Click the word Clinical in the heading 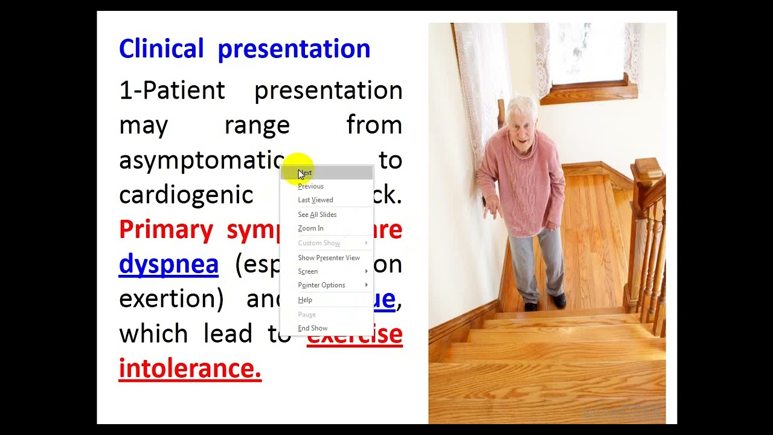tap(161, 49)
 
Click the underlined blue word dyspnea tap(168, 265)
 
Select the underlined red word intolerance tap(190, 368)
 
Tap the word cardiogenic tap(186, 195)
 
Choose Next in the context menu tap(306, 173)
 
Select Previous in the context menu tap(311, 186)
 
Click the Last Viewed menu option tap(315, 200)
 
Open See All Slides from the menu tap(317, 214)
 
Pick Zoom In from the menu tap(310, 228)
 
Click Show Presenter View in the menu tap(329, 258)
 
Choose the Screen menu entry tap(308, 271)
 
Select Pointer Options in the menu tap(321, 285)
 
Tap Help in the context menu tap(305, 300)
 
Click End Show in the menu tap(313, 328)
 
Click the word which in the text tap(153, 333)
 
